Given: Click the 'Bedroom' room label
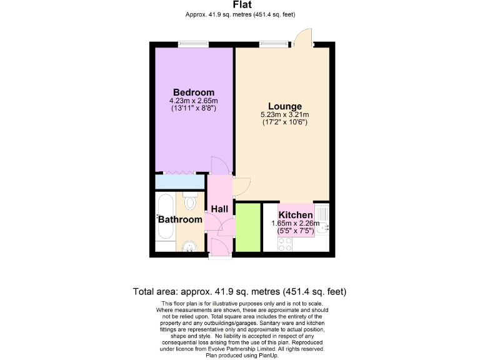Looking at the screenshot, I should [x=193, y=92].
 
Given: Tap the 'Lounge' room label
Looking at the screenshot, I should [x=285, y=106].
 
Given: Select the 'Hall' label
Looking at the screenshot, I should [x=219, y=209].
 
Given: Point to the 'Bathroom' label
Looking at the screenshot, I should [x=180, y=219].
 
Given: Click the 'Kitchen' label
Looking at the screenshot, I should [x=296, y=215].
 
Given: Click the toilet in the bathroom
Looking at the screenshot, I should [x=191, y=202].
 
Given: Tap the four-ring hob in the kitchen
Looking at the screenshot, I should [x=284, y=245].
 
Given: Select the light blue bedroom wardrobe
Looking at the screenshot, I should [x=180, y=182].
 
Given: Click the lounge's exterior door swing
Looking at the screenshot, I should [x=304, y=37].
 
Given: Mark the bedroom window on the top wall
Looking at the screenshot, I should [x=193, y=44].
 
